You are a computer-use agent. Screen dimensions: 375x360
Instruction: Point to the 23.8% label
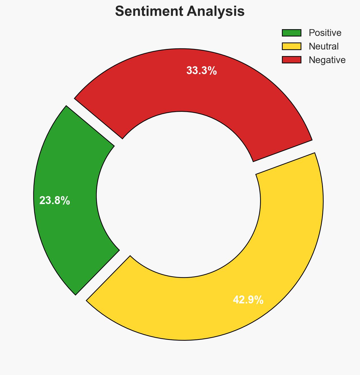point(55,201)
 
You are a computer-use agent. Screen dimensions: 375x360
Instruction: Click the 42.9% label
point(248,300)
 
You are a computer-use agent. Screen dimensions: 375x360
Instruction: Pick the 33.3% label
point(201,71)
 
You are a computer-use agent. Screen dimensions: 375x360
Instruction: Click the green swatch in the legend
point(291,33)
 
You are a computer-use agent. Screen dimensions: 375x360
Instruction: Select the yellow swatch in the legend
point(291,46)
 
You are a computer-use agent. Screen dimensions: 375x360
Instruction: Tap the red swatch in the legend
point(291,60)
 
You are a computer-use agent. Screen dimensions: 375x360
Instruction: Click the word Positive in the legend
point(325,33)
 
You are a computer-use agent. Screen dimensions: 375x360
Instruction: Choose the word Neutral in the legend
point(323,46)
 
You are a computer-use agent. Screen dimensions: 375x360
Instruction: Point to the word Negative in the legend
point(327,60)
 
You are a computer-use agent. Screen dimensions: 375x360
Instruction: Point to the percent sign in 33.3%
point(213,71)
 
